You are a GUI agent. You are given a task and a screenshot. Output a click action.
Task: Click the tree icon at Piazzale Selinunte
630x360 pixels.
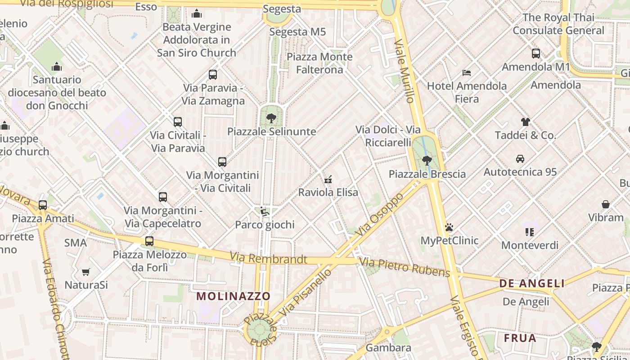coord(271,118)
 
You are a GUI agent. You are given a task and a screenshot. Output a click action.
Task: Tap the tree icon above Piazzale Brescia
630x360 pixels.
coord(427,160)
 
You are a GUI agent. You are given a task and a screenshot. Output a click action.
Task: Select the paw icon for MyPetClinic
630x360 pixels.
coord(449,227)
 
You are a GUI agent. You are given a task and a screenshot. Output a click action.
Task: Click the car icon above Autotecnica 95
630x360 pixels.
coord(520,158)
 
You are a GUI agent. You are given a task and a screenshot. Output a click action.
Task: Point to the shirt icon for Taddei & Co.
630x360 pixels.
coord(526,121)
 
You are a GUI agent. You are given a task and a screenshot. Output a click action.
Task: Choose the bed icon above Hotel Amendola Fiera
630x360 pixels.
coord(467,72)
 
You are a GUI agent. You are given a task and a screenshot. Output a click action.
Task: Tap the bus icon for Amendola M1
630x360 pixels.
coord(536,54)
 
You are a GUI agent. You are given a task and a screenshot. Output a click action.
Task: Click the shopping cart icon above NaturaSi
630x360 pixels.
coord(86,272)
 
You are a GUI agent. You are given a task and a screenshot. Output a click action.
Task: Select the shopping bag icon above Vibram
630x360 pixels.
coord(606,204)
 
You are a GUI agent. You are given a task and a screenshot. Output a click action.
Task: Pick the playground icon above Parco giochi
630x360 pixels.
coord(265,211)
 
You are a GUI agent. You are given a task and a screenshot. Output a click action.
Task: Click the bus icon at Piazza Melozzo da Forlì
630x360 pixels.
coord(149,241)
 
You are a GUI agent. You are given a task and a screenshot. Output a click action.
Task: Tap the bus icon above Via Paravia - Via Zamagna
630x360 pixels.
coord(213,75)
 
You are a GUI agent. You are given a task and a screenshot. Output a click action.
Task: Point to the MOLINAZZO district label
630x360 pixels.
coord(234,296)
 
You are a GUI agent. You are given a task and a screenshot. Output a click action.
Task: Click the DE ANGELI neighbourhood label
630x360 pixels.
coord(532,283)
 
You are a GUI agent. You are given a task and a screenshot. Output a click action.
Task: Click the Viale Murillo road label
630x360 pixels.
coord(404,71)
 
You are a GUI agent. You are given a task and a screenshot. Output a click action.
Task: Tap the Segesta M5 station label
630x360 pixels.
coord(297,32)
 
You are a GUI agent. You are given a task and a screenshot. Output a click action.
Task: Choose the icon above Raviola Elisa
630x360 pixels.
coord(328,179)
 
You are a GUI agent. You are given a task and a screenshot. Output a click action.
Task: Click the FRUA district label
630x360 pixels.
coord(520,338)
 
